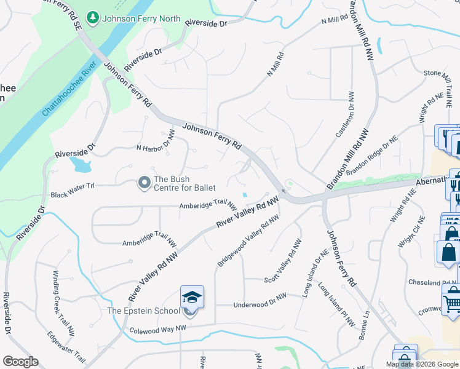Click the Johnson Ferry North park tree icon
click(93, 18)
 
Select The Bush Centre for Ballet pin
click(145, 182)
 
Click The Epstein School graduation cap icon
click(191, 297)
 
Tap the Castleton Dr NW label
click(344, 115)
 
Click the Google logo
click(21, 361)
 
